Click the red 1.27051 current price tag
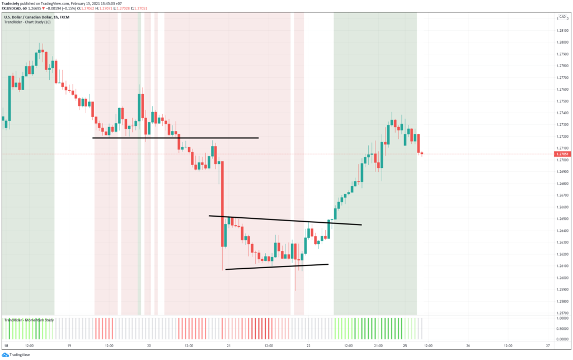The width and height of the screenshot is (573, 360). pyautogui.click(x=562, y=154)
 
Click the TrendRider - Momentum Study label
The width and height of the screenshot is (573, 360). pyautogui.click(x=29, y=320)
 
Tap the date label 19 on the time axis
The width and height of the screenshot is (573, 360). pyautogui.click(x=69, y=346)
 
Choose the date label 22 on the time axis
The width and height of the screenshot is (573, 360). pyautogui.click(x=309, y=346)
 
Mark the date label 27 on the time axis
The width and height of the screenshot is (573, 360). pyautogui.click(x=547, y=346)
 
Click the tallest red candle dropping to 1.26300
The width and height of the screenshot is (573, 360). pyautogui.click(x=223, y=204)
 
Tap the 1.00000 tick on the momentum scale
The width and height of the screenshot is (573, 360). pyautogui.click(x=561, y=318)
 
